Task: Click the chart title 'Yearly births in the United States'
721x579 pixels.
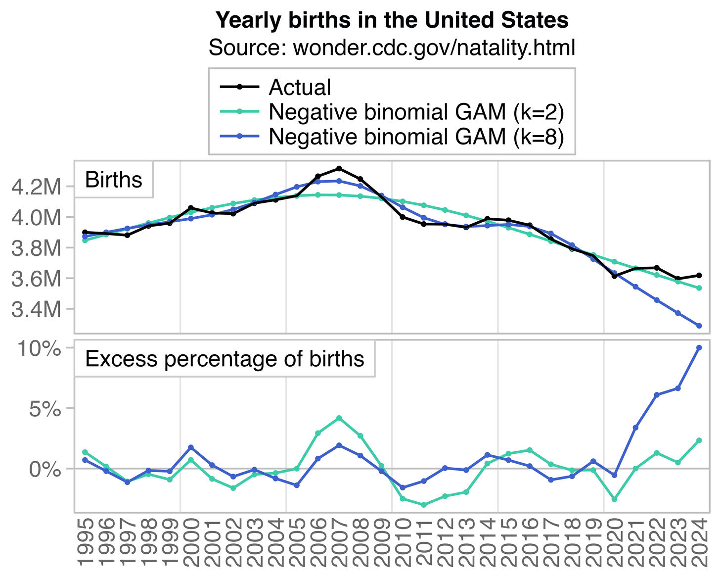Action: click(392, 20)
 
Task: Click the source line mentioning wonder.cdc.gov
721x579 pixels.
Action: click(392, 48)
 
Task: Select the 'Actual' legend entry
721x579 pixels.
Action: click(300, 88)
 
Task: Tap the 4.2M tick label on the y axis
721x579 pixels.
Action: click(36, 187)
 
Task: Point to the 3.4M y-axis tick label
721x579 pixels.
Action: click(36, 310)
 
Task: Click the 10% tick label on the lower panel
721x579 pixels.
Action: click(40, 348)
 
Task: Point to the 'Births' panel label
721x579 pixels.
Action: click(114, 180)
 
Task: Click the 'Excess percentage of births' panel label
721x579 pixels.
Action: click(225, 359)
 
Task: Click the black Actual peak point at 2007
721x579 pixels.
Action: click(339, 168)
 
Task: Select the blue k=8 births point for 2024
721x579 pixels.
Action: click(699, 326)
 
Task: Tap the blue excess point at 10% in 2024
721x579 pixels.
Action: click(699, 347)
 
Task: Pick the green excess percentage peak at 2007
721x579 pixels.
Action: click(339, 418)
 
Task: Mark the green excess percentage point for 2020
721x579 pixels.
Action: click(614, 499)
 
